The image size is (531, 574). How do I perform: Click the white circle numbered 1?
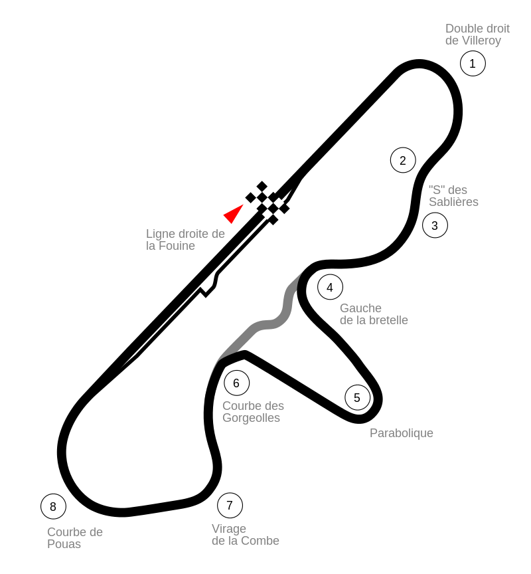473,63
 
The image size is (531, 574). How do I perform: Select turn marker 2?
403,160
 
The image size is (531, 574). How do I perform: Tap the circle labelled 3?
435,225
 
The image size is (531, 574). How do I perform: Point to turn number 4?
330,287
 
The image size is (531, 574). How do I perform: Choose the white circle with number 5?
357,397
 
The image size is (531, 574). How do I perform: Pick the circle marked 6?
236,383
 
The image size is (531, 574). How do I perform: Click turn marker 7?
230,505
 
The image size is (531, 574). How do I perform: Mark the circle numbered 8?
53,506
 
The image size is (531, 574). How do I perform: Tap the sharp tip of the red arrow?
244,205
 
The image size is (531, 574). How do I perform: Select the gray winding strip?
265,325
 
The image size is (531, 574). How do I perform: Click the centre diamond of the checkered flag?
267,203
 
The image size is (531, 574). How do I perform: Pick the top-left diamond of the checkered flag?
256,192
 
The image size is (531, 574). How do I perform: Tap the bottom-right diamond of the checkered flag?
279,214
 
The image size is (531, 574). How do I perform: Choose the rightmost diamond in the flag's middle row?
279,203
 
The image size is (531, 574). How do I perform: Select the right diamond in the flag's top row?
267,192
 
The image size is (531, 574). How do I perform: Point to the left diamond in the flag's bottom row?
267,214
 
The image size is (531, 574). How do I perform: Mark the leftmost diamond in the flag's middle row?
256,203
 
